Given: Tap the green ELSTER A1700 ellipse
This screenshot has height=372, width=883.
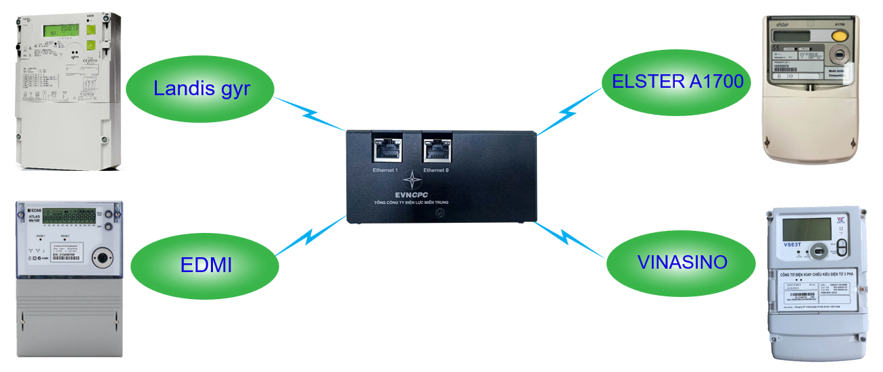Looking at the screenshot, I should (x=677, y=82).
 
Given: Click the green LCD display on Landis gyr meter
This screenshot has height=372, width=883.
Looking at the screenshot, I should (x=60, y=30).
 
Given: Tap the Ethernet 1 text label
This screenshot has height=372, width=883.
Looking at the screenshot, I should (x=385, y=170).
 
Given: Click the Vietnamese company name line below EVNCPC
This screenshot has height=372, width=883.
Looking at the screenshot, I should (x=411, y=203).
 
